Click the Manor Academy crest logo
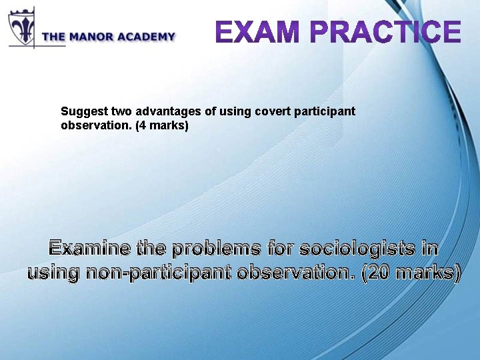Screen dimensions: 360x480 click(x=22, y=27)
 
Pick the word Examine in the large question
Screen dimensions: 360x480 click(x=90, y=249)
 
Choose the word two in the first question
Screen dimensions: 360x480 click(x=117, y=111)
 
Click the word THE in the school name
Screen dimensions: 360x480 click(x=53, y=37)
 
